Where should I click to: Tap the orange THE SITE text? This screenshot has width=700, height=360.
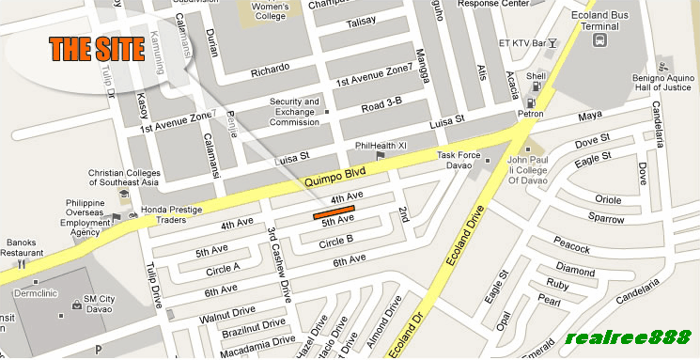coord(97,50)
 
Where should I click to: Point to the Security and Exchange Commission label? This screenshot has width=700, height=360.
coord(295,111)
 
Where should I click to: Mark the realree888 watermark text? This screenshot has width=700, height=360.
coord(629,337)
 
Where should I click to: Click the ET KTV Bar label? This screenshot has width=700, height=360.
coord(522,42)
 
